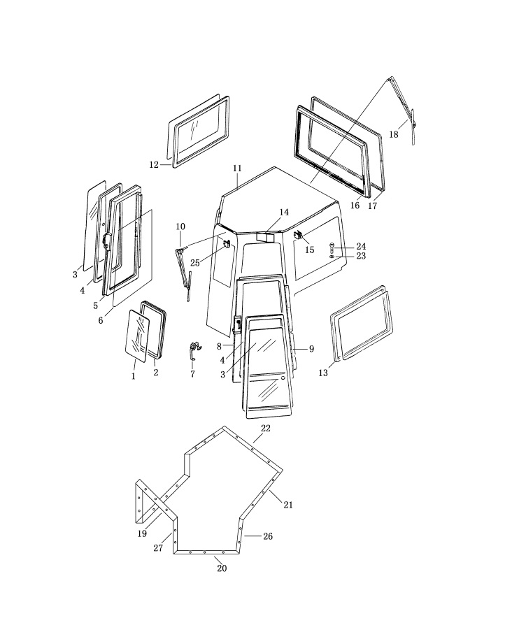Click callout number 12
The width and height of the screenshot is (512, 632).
point(154,165)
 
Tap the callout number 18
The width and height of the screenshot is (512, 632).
point(394,134)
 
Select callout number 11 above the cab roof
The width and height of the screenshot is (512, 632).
point(237,168)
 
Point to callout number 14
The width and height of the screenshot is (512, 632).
point(284,213)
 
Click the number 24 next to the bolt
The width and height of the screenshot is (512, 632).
point(361,246)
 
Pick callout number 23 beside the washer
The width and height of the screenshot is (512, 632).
point(361,256)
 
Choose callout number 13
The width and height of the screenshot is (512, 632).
point(323,373)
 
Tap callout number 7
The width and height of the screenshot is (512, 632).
point(193,374)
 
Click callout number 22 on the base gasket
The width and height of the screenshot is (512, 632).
point(265,429)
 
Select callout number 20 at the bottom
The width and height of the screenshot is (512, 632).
point(222,568)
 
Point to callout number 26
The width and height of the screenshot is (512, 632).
point(268,536)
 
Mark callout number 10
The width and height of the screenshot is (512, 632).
point(180,227)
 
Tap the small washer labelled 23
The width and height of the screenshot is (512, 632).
point(332,256)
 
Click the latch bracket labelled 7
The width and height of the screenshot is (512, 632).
point(194,351)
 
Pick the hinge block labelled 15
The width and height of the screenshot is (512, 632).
point(299,234)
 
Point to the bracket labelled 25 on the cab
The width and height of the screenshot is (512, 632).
point(227,243)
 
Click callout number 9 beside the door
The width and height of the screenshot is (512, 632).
point(311,349)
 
